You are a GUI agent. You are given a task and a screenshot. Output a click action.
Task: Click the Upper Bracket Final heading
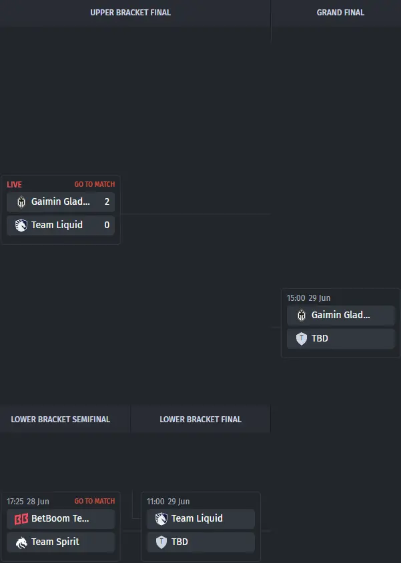click(130, 13)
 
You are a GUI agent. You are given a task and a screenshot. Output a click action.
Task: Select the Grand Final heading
click(340, 13)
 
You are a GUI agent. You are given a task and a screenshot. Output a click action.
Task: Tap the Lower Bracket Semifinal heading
click(60, 420)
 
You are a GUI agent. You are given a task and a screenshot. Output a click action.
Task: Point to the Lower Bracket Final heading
click(200, 420)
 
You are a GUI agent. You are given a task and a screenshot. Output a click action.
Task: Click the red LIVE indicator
click(15, 185)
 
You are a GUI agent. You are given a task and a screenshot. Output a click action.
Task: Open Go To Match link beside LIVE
click(95, 184)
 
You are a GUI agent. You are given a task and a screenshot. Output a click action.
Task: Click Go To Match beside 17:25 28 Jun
click(95, 501)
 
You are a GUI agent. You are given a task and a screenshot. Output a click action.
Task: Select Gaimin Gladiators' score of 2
click(107, 201)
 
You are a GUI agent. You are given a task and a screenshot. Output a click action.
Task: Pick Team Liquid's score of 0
click(107, 225)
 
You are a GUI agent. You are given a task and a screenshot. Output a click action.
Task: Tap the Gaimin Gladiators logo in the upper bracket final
click(21, 202)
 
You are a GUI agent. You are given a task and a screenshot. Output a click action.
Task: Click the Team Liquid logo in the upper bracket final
click(21, 225)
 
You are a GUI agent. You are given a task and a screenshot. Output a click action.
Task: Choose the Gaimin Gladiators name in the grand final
click(340, 315)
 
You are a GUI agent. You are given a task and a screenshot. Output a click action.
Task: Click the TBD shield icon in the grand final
click(302, 339)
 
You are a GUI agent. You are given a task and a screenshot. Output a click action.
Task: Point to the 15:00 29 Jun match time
click(308, 298)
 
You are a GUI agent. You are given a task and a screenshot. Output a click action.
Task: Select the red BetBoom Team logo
click(21, 519)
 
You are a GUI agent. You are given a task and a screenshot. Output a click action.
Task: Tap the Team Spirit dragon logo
click(21, 542)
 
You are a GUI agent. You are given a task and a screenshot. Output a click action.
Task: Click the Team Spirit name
click(55, 542)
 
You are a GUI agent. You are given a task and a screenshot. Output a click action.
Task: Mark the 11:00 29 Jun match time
click(168, 501)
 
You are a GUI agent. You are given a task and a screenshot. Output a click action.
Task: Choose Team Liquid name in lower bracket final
click(197, 518)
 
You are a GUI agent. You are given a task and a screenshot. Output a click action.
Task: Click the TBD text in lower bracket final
click(179, 542)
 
